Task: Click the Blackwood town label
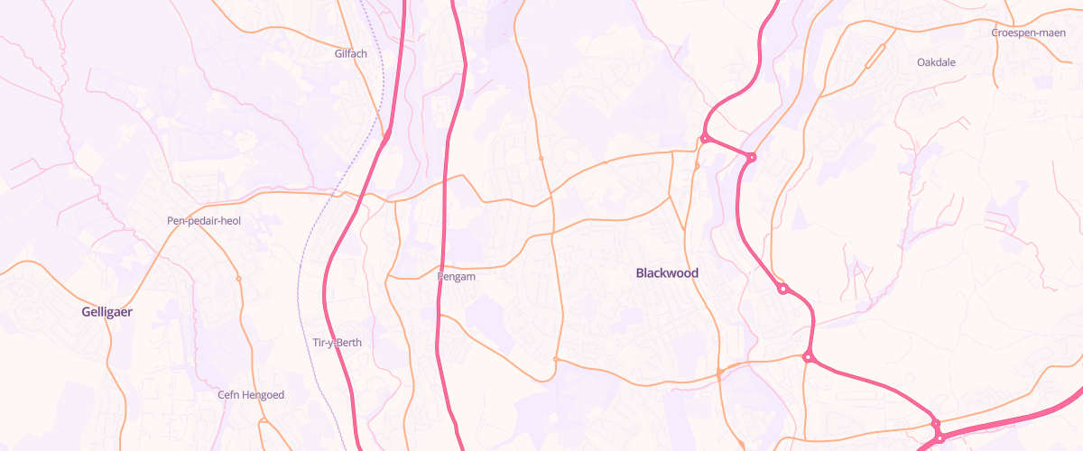coord(667,272)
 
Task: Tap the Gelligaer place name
coord(106,311)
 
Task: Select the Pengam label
coord(456,277)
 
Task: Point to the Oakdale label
coord(936,62)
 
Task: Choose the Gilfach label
coord(350,53)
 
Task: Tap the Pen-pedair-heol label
coord(204,220)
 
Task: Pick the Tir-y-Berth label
coord(336,343)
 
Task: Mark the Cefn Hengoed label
coord(251,395)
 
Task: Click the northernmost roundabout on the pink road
coord(703,139)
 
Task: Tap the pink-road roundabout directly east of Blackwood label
coord(783,289)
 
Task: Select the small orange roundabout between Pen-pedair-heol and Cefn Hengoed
coord(238,278)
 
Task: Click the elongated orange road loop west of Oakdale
coord(874,57)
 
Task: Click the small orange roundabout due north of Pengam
coord(541,158)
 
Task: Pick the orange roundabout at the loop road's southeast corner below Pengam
coord(555,360)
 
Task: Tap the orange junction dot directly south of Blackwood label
coord(719,373)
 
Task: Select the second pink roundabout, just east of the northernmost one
coord(751,157)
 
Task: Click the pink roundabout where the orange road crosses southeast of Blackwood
coord(808,357)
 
